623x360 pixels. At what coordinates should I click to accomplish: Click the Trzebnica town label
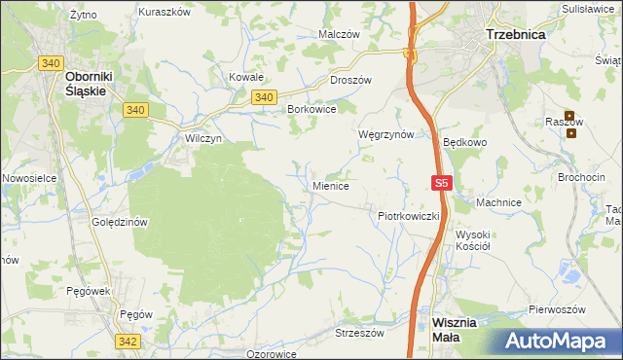tap(515, 33)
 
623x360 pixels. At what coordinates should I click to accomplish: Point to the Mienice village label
tap(331, 184)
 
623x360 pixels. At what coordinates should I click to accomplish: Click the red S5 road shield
tap(442, 183)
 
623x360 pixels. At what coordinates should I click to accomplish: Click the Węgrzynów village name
tap(386, 134)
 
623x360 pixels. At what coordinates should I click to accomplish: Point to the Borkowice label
tap(311, 110)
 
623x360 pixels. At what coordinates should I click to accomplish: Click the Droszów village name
tap(351, 81)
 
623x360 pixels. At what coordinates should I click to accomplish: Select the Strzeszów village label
tap(360, 332)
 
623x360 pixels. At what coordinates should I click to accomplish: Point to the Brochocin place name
tap(581, 178)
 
